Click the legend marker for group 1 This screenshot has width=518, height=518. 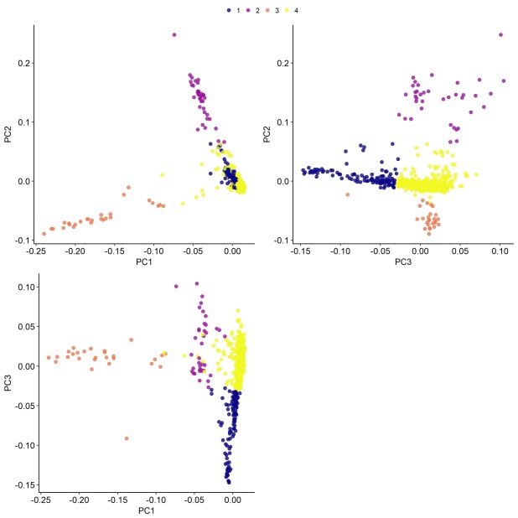click(x=230, y=10)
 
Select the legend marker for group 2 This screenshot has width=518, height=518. click(x=249, y=10)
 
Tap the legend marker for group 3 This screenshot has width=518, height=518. click(x=268, y=10)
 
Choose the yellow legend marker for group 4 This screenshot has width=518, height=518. click(x=287, y=10)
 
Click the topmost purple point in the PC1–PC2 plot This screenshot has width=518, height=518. click(x=174, y=34)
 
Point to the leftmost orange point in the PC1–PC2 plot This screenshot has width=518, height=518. click(x=44, y=233)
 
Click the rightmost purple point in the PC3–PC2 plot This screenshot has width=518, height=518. click(x=500, y=34)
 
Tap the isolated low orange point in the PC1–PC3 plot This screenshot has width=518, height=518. click(x=127, y=438)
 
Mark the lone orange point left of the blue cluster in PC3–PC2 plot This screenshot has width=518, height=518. click(x=348, y=194)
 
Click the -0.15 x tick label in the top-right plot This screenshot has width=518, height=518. click(x=300, y=251)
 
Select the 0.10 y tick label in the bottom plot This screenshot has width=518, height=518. click(x=22, y=287)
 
